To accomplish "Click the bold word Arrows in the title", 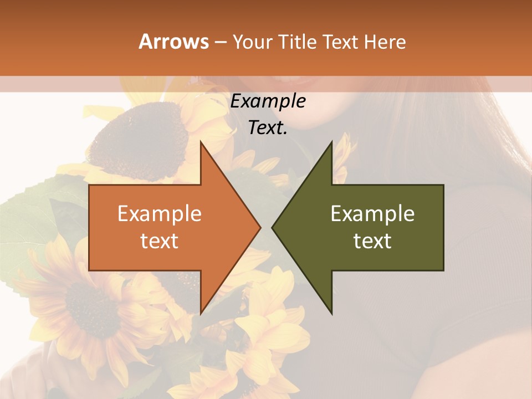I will point(174,42).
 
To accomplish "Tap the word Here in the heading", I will point(385,42).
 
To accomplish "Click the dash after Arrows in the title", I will point(219,42).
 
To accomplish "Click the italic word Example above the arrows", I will point(268,101).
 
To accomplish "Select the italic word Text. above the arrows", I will point(268,128).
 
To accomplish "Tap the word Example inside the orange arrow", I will point(160,214).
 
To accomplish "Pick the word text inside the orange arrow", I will point(160,241).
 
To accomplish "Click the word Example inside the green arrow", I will point(372,214).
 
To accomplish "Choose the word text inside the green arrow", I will point(372,241).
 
